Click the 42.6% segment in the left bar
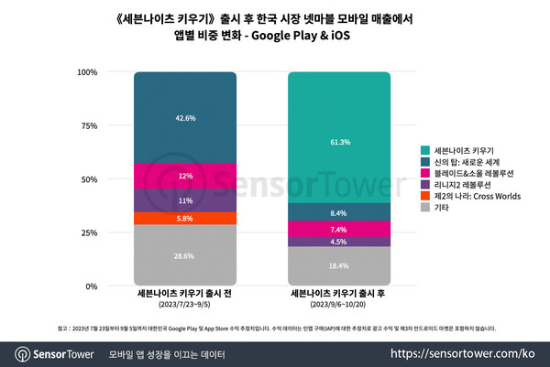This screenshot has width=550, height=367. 184,117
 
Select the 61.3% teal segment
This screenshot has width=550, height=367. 338,137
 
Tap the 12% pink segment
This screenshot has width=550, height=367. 184,176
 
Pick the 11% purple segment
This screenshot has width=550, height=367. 184,200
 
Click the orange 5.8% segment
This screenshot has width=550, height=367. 184,218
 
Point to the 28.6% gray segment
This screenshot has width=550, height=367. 184,255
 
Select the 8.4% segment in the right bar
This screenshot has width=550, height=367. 338,212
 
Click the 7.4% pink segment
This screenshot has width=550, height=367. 338,229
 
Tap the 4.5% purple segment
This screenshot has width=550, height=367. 338,242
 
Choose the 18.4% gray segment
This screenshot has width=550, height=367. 338,265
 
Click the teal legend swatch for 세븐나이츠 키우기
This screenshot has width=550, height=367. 424,150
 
